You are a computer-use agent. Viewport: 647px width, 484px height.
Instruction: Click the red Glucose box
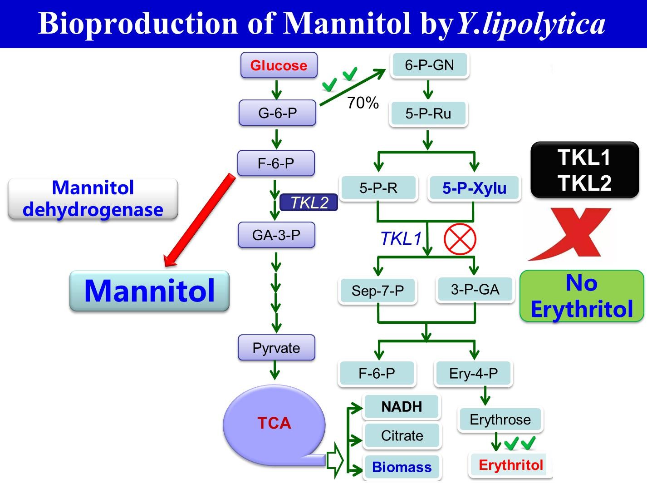coord(279,65)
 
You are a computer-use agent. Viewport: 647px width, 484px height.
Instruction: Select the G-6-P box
coord(277,113)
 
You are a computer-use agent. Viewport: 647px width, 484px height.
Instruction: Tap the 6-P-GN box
coord(429,65)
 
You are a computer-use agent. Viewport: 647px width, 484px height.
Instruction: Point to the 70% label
coord(363,104)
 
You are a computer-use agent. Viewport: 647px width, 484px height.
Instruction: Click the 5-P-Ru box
coord(428,114)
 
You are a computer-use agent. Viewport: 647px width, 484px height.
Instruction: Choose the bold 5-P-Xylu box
coord(474,188)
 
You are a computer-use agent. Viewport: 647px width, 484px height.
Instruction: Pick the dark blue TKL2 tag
coord(309,202)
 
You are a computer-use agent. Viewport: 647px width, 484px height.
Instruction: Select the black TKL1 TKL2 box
coord(584,170)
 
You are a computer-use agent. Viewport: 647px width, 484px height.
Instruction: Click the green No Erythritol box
coord(581,296)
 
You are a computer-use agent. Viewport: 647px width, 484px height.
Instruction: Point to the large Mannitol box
coord(149,291)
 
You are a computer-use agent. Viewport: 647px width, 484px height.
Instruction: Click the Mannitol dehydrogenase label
coord(93,199)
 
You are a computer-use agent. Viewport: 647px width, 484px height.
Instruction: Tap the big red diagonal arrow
coord(200,220)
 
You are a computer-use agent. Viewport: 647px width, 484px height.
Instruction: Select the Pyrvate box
coord(276,348)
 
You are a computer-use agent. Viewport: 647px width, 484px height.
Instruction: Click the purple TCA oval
coord(274,423)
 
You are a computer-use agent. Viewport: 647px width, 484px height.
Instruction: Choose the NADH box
coord(402,407)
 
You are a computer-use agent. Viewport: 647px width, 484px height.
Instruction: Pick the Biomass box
coord(402,467)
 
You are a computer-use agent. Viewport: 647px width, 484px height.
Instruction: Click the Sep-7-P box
coord(377,291)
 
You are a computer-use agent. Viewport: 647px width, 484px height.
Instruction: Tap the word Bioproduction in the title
coord(138,24)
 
